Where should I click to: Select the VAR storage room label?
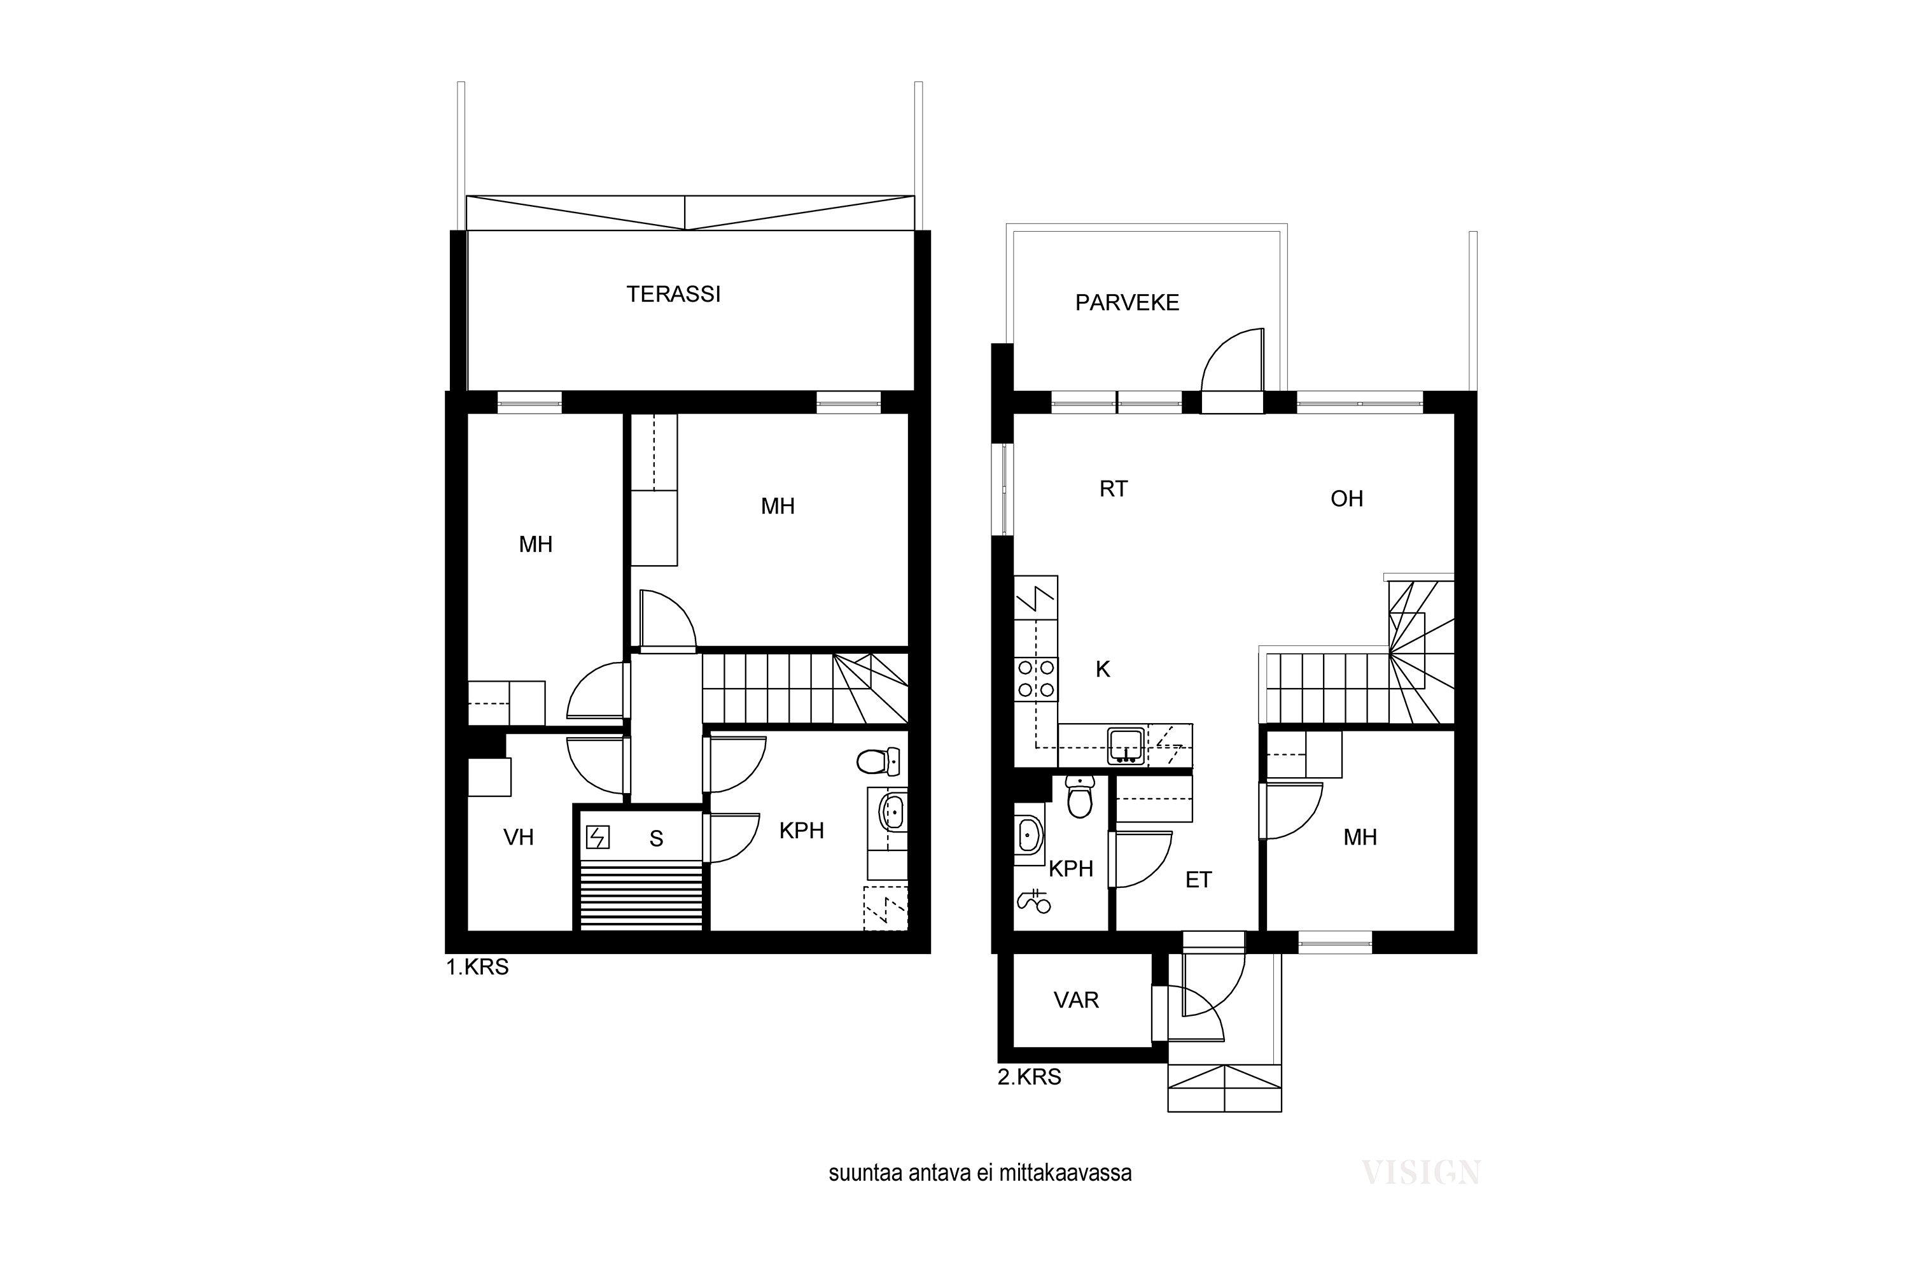pyautogui.click(x=1076, y=1000)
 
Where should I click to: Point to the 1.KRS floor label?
pyautogui.click(x=477, y=967)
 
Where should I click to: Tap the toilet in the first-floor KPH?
pyautogui.click(x=878, y=761)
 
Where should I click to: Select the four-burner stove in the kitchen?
pyautogui.click(x=1037, y=679)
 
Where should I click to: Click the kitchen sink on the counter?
pyautogui.click(x=1126, y=746)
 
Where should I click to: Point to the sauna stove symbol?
pyautogui.click(x=598, y=837)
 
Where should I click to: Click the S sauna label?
pyautogui.click(x=657, y=840)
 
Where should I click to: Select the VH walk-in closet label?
pyautogui.click(x=519, y=837)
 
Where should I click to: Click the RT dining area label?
pyautogui.click(x=1114, y=489)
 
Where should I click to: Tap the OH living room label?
pyautogui.click(x=1346, y=498)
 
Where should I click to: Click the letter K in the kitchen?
pyautogui.click(x=1103, y=669)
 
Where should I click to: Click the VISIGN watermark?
pyautogui.click(x=1421, y=1172)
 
